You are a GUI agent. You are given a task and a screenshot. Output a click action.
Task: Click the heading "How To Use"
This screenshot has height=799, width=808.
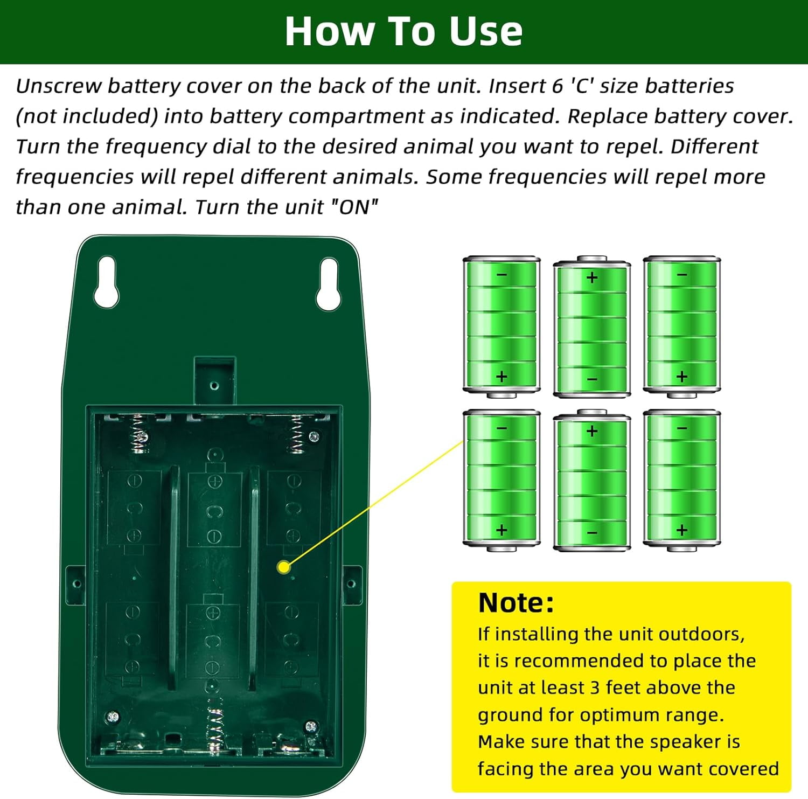pyautogui.click(x=403, y=31)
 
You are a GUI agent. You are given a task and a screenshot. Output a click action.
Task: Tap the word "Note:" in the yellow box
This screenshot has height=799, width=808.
pyautogui.click(x=516, y=603)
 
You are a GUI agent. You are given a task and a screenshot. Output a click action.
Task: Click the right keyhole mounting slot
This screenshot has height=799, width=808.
pyautogui.click(x=328, y=284)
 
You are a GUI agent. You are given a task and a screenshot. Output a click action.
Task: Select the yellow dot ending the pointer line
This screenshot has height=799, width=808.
pyautogui.click(x=283, y=567)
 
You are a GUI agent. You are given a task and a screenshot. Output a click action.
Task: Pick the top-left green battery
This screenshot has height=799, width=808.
pyautogui.click(x=501, y=327)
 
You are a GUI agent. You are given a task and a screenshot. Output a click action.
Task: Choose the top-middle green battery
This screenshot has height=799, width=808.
pyautogui.click(x=592, y=327)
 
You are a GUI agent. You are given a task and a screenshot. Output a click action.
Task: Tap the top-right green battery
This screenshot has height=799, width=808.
pyautogui.click(x=682, y=327)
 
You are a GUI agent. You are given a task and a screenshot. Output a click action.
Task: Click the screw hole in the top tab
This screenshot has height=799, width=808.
pyautogui.click(x=214, y=386)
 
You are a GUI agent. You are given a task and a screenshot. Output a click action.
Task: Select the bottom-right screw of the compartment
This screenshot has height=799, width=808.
pyautogui.click(x=310, y=727)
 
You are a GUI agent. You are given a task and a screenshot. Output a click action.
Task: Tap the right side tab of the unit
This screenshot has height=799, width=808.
pyautogui.click(x=352, y=585)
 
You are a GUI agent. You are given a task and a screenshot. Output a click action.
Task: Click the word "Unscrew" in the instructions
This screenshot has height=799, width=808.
pyautogui.click(x=59, y=86)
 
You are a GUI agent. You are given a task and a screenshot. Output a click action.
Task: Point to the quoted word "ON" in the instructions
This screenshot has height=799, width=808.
pyautogui.click(x=354, y=206)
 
